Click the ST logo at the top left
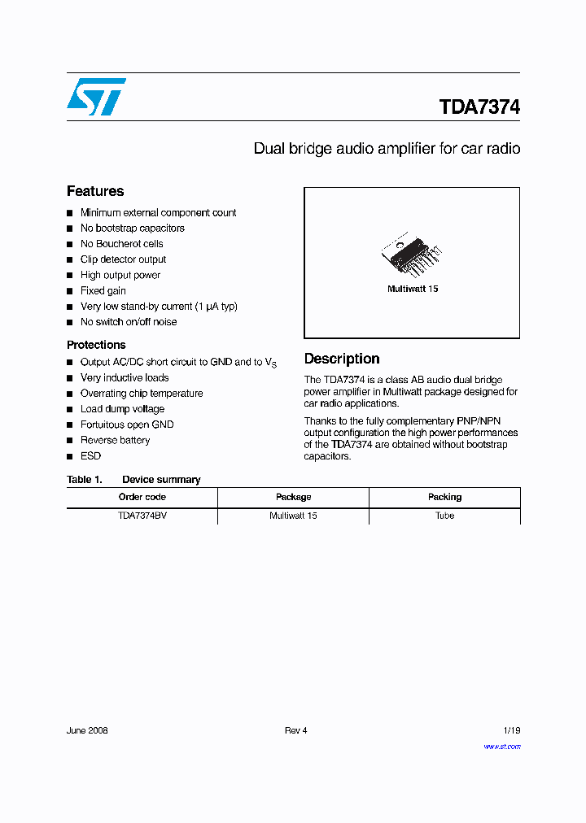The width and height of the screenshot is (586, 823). [x=96, y=97]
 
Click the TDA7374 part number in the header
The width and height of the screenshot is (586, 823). [x=479, y=107]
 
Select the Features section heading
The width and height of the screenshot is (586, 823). [x=95, y=191]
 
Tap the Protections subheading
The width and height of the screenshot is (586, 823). [x=96, y=345]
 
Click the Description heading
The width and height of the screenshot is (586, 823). [x=342, y=359]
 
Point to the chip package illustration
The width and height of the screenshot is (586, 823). [x=413, y=259]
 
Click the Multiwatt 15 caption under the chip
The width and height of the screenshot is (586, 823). [x=413, y=290]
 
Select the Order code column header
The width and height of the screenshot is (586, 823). [x=142, y=497]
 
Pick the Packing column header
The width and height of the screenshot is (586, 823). [x=444, y=497]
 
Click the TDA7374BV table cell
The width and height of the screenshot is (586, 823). [x=142, y=516]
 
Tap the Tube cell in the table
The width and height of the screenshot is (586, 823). [x=444, y=516]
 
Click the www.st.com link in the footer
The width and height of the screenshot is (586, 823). [x=501, y=747]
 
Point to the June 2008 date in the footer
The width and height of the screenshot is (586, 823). [x=87, y=730]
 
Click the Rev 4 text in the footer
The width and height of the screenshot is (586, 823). [x=295, y=730]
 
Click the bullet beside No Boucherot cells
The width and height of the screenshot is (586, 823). [x=71, y=244]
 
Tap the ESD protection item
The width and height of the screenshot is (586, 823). [x=90, y=456]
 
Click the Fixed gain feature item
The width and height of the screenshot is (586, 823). [x=103, y=290]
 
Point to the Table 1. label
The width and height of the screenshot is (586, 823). [x=84, y=480]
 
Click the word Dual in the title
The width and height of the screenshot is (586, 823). [x=269, y=149]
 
